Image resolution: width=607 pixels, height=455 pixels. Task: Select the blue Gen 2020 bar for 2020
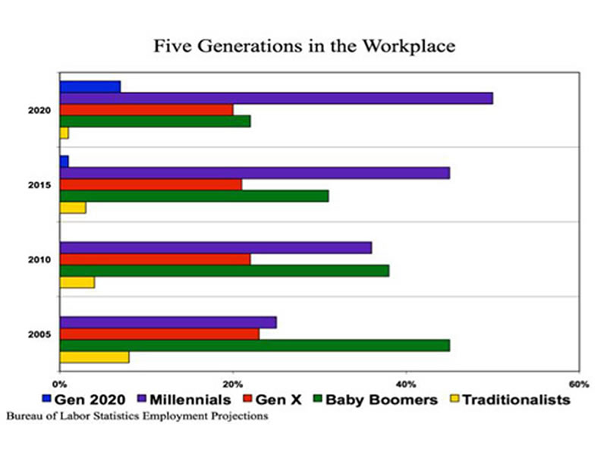coord(90,86)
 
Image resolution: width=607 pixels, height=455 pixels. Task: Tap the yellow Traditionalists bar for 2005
coord(93,357)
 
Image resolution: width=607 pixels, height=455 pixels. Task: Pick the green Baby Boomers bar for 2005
coord(254,345)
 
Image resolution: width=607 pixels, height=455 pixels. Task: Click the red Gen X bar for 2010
coord(155,259)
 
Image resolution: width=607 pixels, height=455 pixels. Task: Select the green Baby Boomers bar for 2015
coord(193,196)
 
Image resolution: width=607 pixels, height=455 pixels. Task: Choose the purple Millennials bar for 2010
coord(215,247)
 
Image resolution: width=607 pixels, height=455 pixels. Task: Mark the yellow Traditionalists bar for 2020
coord(64,133)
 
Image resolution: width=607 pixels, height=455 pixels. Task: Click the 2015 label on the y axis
coord(39,184)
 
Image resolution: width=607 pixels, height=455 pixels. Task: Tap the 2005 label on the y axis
coord(39,334)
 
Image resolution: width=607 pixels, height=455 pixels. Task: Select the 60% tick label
coord(579,383)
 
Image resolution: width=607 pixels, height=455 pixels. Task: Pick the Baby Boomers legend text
coord(383,400)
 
